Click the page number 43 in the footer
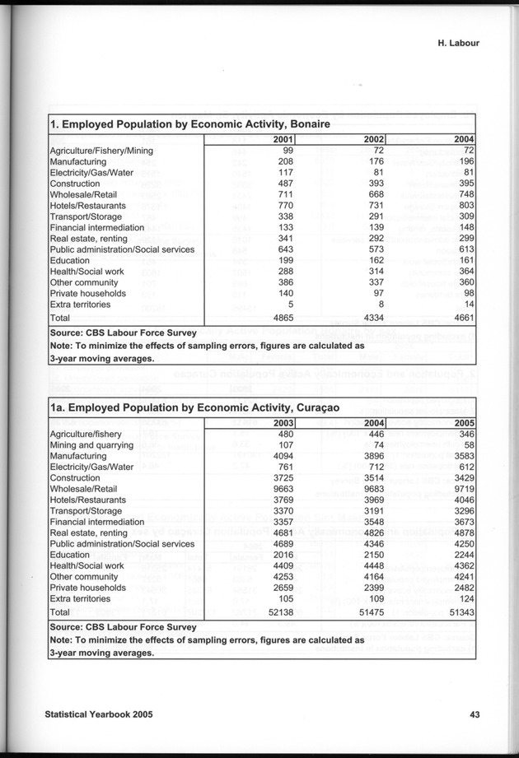[475, 714]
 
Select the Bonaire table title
[190, 124]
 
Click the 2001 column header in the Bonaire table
[283, 140]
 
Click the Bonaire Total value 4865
[280, 317]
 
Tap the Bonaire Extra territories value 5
[291, 303]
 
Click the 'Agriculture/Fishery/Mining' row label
[101, 151]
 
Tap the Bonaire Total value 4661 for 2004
[462, 317]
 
